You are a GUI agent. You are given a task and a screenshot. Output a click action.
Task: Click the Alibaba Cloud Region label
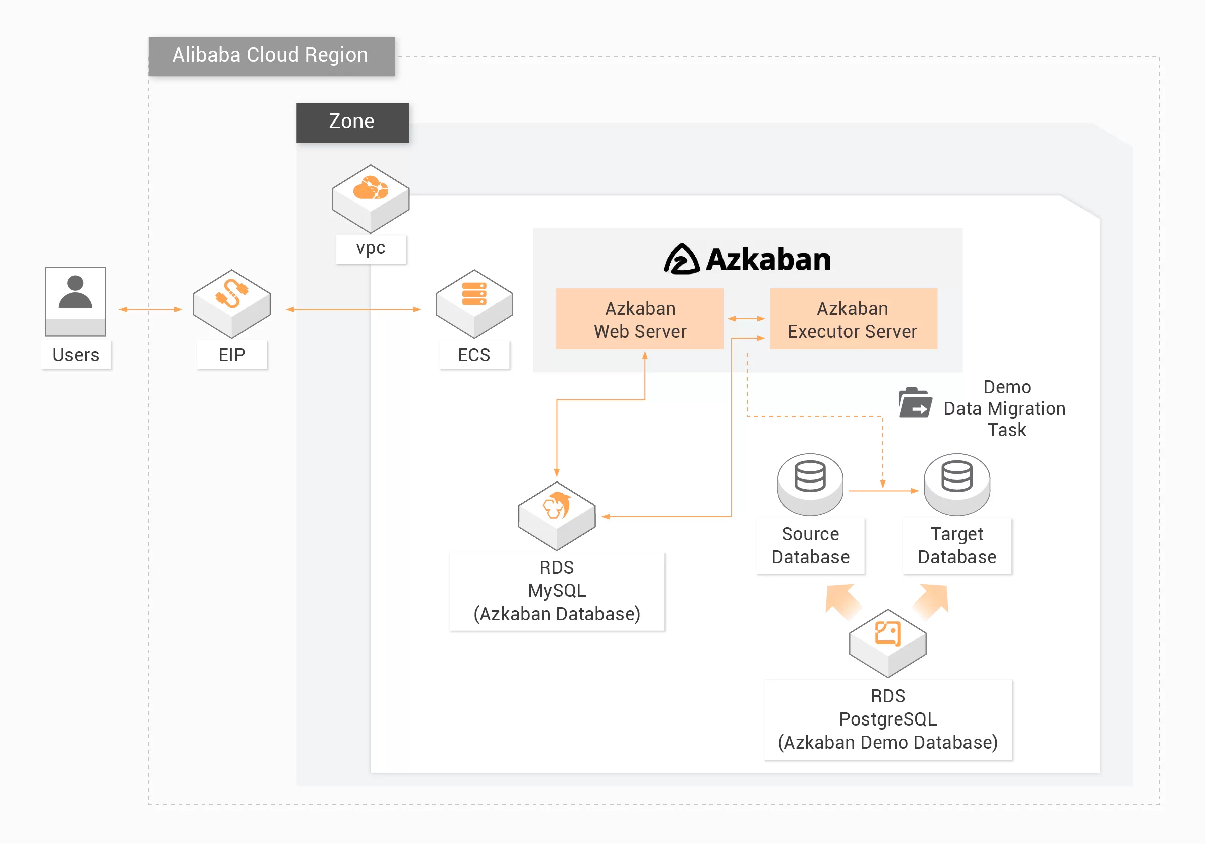271,56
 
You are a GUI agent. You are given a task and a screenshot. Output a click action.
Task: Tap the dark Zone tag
352,122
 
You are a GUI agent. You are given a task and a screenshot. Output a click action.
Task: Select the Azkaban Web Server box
640,319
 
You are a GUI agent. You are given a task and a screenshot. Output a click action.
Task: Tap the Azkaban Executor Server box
853,319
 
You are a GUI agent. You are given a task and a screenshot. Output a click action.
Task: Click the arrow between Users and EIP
150,310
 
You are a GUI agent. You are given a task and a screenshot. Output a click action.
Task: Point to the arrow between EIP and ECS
353,310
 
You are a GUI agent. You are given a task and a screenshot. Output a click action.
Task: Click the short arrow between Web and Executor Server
746,319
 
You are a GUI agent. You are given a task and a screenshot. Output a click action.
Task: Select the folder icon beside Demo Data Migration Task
915,403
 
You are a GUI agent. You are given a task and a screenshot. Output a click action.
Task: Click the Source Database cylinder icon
810,483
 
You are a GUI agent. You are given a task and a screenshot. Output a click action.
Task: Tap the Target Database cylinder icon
957,483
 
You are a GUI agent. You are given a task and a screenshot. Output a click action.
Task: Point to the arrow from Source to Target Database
883,491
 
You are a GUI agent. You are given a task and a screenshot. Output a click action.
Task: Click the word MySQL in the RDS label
556,591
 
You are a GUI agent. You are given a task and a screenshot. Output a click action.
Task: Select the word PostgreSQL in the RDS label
888,719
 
